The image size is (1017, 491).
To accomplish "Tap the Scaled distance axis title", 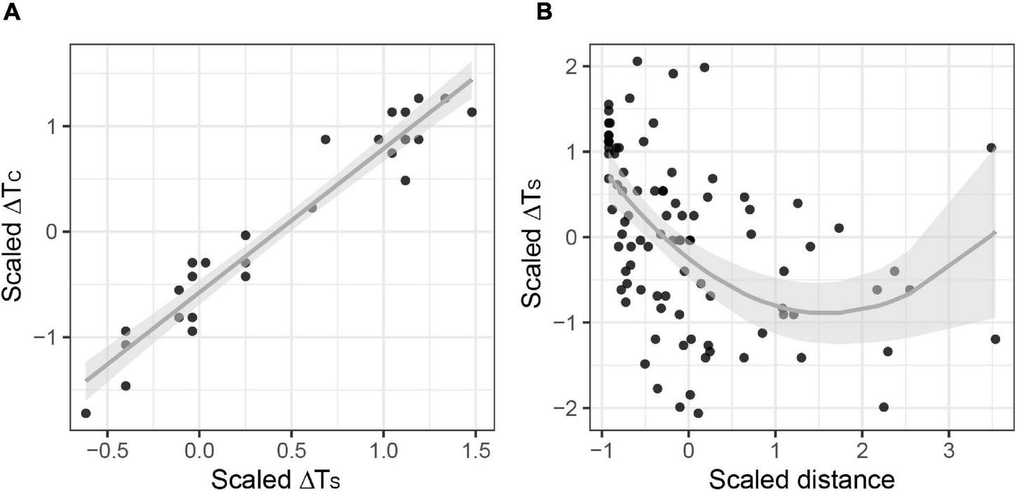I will coord(802,479).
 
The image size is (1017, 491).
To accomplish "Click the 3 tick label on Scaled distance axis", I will coord(948,448).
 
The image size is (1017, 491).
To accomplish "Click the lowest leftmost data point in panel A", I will coord(86,413).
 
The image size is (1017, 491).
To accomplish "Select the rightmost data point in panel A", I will coord(471,112).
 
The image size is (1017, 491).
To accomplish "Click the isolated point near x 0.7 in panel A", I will coord(325,140).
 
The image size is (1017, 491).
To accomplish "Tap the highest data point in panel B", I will coord(637,62).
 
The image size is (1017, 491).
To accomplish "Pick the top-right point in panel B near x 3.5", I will coord(991,147).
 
